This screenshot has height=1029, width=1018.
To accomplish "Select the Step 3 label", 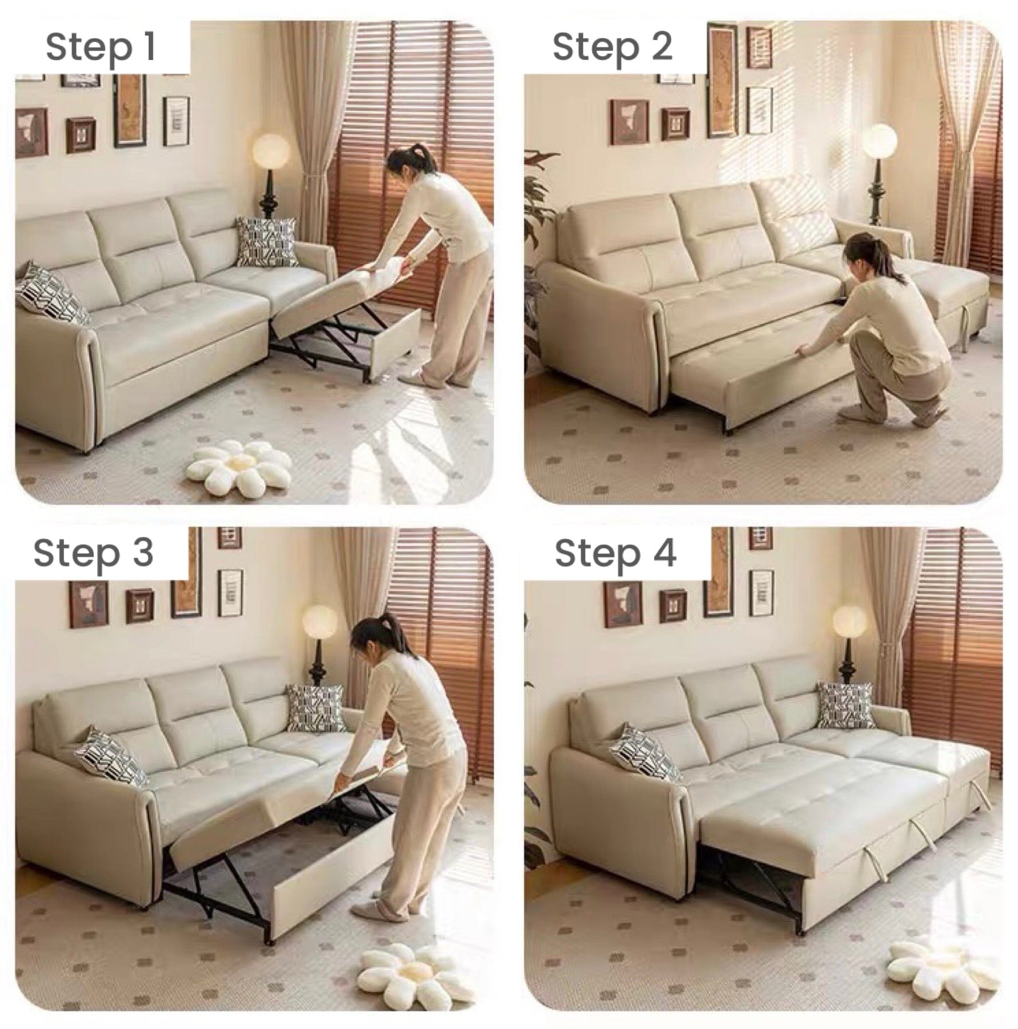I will point(94,552).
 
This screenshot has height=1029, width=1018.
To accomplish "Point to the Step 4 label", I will point(616,552).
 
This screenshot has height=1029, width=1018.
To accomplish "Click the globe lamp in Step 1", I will point(270,151).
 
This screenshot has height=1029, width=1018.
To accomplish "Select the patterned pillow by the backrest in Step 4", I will point(844,705).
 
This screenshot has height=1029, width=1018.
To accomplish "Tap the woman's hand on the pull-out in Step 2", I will point(804,364).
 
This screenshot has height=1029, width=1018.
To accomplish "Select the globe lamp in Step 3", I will point(320,622).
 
